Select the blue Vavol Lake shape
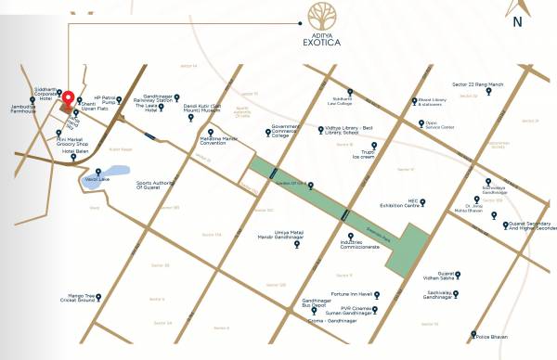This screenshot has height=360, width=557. tap(94, 179)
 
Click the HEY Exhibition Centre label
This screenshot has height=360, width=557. tap(421, 201)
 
